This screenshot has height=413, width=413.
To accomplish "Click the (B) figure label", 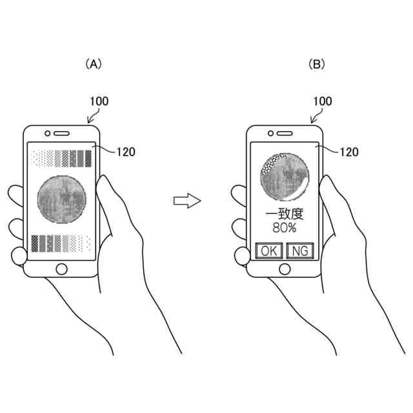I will pyautogui.click(x=317, y=64).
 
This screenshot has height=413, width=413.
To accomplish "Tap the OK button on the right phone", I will pyautogui.click(x=268, y=251).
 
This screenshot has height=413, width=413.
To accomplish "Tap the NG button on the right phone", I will pyautogui.click(x=299, y=251).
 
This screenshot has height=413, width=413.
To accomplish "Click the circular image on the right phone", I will pyautogui.click(x=285, y=176).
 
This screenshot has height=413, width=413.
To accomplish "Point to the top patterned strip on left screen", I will pyautogui.click(x=61, y=157).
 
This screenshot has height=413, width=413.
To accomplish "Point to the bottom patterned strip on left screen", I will pyautogui.click(x=61, y=242).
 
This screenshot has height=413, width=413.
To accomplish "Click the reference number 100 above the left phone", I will pyautogui.click(x=99, y=101).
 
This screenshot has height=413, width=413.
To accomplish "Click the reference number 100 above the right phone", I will pyautogui.click(x=322, y=101).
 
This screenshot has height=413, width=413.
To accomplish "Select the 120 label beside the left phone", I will pyautogui.click(x=126, y=152).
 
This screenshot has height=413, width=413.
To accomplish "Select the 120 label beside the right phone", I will pyautogui.click(x=349, y=152).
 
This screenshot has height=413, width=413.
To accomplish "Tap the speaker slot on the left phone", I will pyautogui.click(x=61, y=134).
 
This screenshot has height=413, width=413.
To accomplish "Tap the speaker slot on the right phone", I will pyautogui.click(x=285, y=134).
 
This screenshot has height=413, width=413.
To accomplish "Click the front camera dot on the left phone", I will pyautogui.click(x=48, y=134).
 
